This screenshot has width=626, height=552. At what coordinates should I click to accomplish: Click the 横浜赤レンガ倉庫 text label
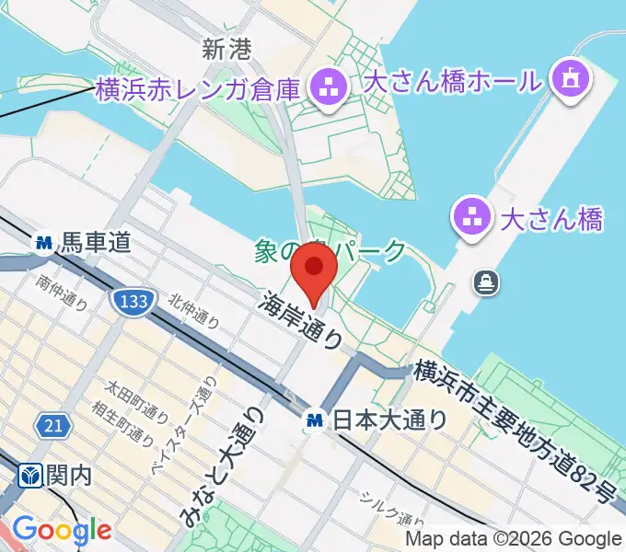[x=198, y=90]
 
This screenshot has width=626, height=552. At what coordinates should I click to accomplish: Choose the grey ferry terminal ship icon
[x=485, y=282]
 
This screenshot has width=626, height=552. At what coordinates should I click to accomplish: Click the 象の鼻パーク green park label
[x=329, y=249]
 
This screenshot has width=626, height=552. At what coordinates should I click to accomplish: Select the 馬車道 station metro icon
[x=42, y=244]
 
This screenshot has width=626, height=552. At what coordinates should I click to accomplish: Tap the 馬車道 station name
[x=95, y=244]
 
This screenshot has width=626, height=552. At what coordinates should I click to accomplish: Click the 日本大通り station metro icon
[x=315, y=420]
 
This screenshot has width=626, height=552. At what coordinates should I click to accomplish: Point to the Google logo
[x=62, y=530]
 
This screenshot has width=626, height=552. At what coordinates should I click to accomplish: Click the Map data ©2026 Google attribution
[x=514, y=538]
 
